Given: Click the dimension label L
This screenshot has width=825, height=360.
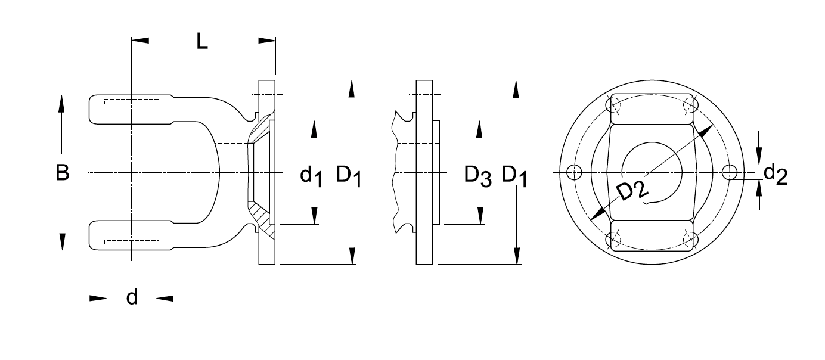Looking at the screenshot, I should [202, 42].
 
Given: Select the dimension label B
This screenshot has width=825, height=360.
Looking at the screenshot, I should [62, 173].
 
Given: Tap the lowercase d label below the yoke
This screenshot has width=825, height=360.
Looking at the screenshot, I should [132, 296].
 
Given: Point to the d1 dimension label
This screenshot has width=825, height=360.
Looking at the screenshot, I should [311, 175].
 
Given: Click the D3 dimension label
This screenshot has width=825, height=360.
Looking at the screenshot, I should [477, 175].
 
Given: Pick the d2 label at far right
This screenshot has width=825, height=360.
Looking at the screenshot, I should [776, 173].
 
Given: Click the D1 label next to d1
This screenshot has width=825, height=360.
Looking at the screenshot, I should [349, 175].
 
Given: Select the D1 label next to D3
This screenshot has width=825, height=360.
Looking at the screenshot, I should [514, 175].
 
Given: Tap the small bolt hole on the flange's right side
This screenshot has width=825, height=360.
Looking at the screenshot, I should [730, 172].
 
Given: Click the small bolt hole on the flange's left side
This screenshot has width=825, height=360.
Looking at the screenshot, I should [574, 172].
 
